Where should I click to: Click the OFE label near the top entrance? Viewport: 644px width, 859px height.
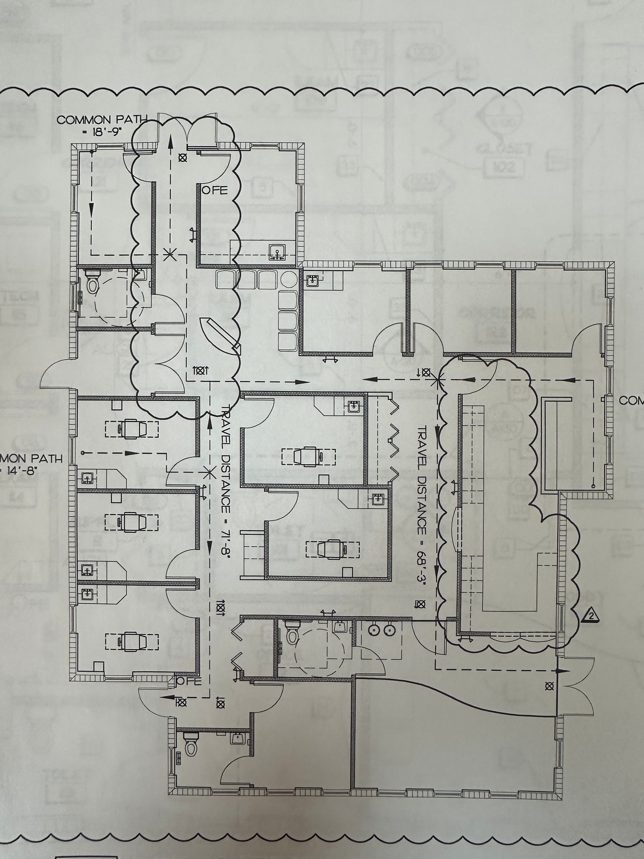[215, 191]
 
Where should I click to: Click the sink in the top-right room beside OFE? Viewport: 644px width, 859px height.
[277, 251]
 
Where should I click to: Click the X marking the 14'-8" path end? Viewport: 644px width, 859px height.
[210, 473]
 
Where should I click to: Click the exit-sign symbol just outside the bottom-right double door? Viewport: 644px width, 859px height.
[548, 686]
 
